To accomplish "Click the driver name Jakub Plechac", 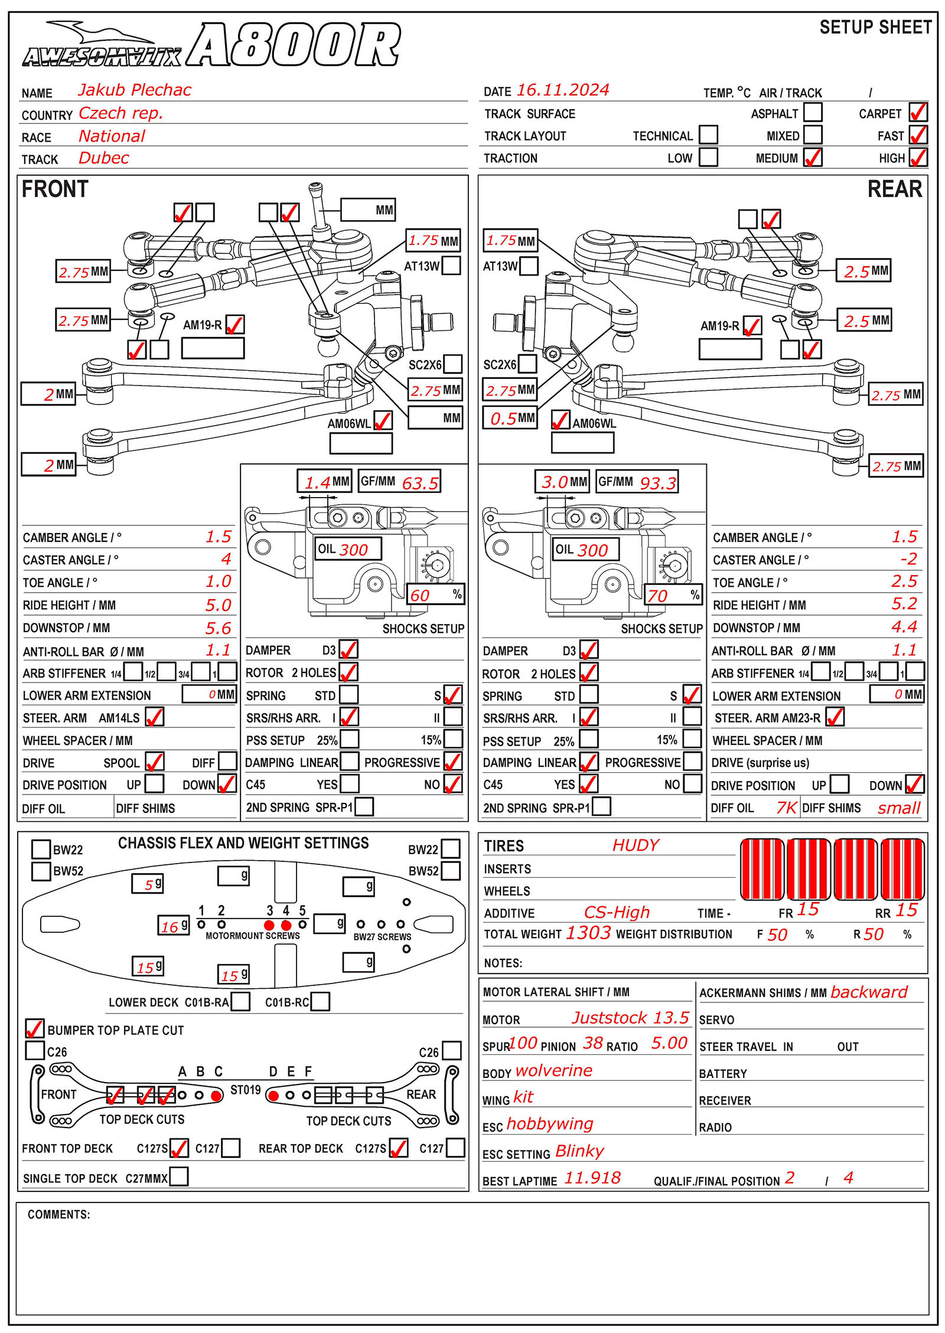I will coord(135,90).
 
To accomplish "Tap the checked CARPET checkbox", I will coord(918,112).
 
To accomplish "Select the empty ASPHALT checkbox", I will coord(813,112).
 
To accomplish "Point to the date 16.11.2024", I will coord(562,90).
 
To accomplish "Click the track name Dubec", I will coord(103,158).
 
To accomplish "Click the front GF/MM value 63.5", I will coord(420,483).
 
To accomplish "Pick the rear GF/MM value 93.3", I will coord(657,483).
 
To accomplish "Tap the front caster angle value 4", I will coord(226,558).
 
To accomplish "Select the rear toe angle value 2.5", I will coord(904,581).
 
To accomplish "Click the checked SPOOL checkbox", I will coord(154,762).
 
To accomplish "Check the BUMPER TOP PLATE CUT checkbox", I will coord(34,1028).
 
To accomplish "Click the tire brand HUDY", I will coord(636,845).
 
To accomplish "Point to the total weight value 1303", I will coord(588,933).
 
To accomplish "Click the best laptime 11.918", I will coord(592,1178).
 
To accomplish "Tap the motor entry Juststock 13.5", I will coord(630,1018).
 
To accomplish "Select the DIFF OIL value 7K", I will coord(786,808).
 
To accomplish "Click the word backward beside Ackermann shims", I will coord(868,992).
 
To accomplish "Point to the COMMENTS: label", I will coord(58,1214).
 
